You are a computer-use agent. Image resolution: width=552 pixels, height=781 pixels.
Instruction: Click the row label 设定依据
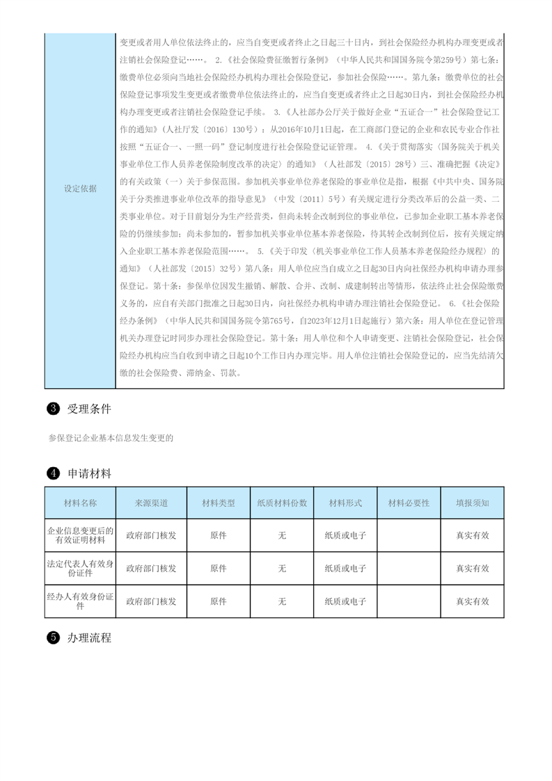click(x=80, y=188)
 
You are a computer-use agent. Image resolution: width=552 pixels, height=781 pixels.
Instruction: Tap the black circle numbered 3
click(x=52, y=409)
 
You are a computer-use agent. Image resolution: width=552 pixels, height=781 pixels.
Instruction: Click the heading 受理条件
click(x=89, y=409)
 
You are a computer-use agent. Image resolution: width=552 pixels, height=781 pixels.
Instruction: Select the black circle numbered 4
click(x=52, y=473)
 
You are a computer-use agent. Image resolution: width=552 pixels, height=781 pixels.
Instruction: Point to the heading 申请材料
click(x=89, y=473)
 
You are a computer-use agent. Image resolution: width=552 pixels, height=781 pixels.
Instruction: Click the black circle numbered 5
click(x=52, y=637)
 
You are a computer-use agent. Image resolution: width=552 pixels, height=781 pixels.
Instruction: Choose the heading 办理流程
click(x=89, y=637)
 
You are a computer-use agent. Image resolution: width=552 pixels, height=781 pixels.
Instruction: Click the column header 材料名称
click(x=80, y=503)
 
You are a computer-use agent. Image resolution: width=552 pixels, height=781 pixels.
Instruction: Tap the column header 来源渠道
click(x=151, y=503)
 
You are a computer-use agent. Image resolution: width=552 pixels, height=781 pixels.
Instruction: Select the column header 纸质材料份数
click(x=282, y=503)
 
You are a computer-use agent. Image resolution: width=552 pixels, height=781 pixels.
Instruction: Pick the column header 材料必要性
click(x=409, y=503)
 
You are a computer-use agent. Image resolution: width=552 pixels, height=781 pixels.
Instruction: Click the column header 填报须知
click(x=472, y=503)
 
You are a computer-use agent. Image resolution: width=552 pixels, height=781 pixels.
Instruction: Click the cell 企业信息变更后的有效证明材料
click(x=80, y=535)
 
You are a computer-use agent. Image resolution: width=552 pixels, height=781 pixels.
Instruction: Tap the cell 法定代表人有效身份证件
click(x=80, y=568)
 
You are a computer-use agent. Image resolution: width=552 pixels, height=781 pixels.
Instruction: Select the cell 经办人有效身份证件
click(x=80, y=601)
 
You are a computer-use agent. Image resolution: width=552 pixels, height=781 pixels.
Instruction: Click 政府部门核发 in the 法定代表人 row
click(x=151, y=568)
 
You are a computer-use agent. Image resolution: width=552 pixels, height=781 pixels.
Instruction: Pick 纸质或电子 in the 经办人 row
click(x=345, y=601)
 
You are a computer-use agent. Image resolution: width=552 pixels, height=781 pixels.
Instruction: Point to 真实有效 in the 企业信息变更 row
click(x=472, y=535)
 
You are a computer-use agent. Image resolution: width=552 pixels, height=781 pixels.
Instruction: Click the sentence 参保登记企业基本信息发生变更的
click(x=110, y=438)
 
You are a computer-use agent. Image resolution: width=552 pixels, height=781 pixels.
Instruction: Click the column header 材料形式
click(x=345, y=503)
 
